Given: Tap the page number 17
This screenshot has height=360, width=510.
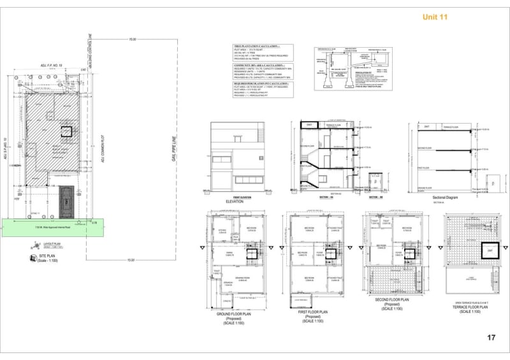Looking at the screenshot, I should pos(491,338).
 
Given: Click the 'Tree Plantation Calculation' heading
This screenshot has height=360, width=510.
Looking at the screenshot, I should pos(259,47).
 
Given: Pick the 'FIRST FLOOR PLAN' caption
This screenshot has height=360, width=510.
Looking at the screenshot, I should pos(312,312).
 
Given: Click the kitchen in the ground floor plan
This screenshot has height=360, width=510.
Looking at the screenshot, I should pos(222,231).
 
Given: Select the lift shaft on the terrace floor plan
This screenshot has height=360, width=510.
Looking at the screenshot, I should pos(489,250).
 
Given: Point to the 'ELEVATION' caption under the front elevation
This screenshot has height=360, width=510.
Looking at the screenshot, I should pos(235,201).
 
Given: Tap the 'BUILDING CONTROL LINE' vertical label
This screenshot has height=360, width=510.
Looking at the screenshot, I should pos(91,52).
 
